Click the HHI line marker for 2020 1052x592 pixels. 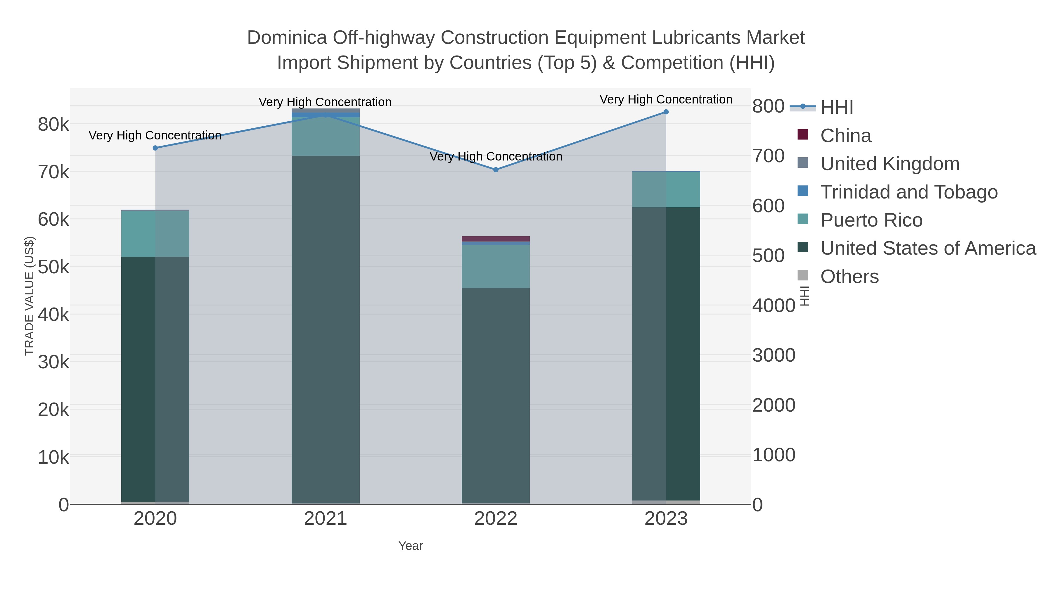tap(155, 148)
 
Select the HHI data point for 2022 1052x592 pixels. tap(496, 170)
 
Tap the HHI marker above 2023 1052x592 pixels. tap(666, 112)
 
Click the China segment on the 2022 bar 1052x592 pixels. tap(496, 239)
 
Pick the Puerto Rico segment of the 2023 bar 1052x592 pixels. tap(666, 189)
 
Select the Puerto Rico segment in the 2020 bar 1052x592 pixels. tap(155, 234)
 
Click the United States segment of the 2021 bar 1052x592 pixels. tap(326, 327)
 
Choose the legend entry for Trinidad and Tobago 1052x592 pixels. tap(909, 192)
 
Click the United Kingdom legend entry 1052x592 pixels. tap(890, 164)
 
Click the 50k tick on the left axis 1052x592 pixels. tap(53, 267)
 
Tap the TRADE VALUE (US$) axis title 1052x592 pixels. tap(30, 296)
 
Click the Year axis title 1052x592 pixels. tap(411, 546)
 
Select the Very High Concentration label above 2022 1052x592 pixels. tap(496, 156)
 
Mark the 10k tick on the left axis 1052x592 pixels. tap(53, 458)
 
